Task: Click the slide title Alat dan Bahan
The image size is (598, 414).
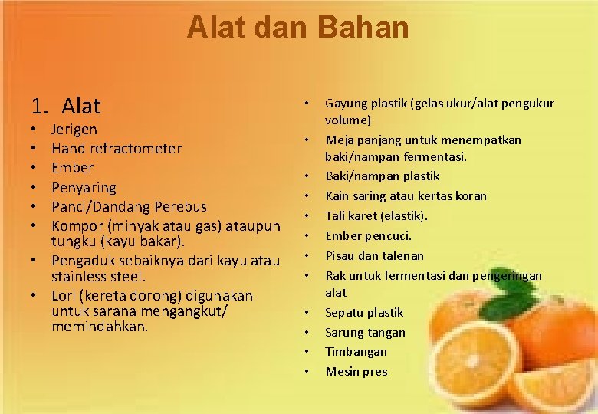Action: coord(298,28)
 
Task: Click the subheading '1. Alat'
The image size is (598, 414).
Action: coord(66,105)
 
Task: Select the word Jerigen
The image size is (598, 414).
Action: coord(74,130)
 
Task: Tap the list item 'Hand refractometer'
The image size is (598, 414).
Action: coord(117,149)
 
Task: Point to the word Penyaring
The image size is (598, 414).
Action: coord(84,187)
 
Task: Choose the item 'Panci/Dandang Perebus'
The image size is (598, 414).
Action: coord(130,206)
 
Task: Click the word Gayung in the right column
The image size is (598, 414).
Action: coord(347,103)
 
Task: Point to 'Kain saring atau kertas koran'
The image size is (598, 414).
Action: coord(406,195)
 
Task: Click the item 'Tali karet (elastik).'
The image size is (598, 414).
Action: coord(376,215)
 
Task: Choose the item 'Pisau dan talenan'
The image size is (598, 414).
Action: coord(374,255)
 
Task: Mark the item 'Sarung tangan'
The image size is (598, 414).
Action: coord(365,332)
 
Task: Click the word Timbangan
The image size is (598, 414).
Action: coord(356,351)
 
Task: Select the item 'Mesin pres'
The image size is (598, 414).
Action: coord(356,371)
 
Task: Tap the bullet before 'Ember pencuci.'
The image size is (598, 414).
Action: coord(307,236)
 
